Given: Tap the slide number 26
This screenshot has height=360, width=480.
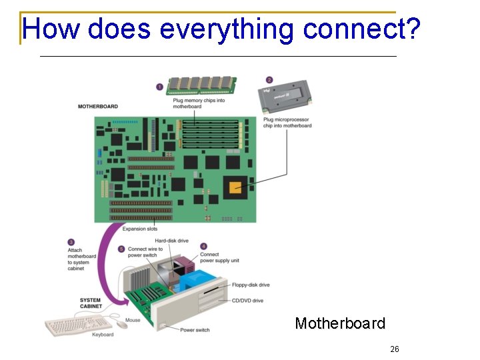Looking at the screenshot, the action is pos(395,349).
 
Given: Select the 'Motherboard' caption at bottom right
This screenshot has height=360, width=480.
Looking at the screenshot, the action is pos(340,323).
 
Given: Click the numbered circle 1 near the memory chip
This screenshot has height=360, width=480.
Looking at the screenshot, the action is pos(159,86).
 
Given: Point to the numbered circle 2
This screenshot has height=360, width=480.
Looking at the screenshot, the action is pos(269,80).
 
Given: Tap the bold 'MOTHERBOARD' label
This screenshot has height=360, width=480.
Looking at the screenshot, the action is pos(98,107).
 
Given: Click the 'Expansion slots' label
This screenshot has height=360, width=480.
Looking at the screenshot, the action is pos(140,229).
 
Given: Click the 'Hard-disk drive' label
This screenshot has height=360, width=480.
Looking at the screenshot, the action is pos(172,241).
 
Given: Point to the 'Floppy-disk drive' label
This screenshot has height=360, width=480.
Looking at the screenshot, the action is pos(251,285).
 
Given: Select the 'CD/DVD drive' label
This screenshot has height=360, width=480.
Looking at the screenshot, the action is pos(247,301).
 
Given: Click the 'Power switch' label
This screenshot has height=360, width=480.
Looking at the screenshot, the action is pos(195,329).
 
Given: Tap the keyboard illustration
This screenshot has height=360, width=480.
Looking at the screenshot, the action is pos(71,326).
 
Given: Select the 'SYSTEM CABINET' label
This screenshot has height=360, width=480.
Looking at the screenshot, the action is pos(90,303).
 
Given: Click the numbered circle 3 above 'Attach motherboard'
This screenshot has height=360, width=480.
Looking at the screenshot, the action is pos(71,242).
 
